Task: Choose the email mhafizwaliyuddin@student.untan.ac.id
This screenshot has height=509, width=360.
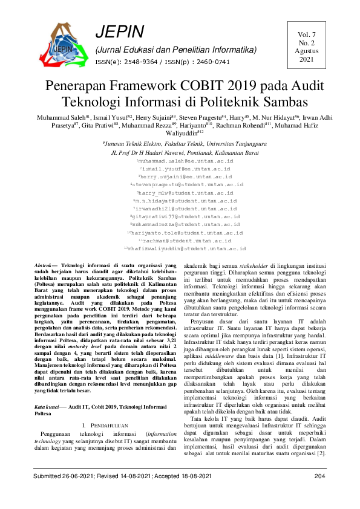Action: [x=185, y=248]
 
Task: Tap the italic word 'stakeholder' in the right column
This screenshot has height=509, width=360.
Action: [x=255, y=266]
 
